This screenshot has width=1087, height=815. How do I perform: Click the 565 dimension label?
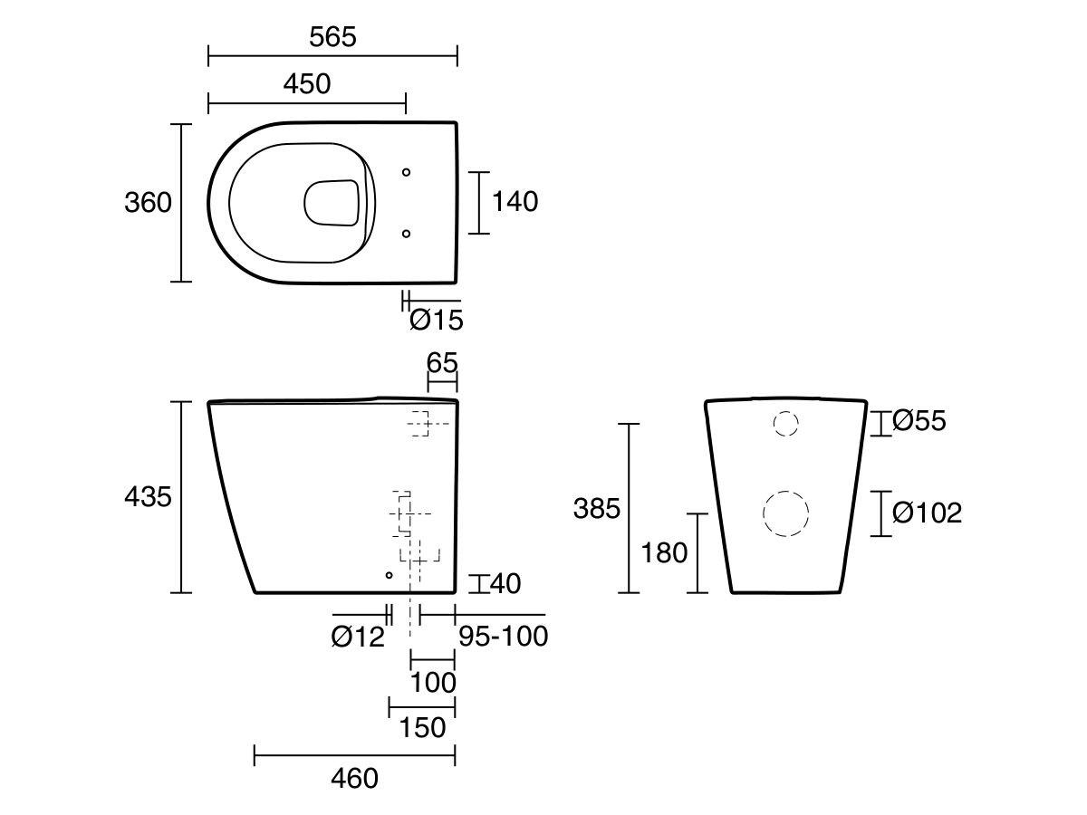pyautogui.click(x=332, y=37)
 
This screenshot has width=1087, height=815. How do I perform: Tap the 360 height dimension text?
pyautogui.click(x=148, y=202)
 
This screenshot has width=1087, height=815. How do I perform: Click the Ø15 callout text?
pyautogui.click(x=437, y=320)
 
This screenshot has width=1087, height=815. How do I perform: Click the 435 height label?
pyautogui.click(x=148, y=496)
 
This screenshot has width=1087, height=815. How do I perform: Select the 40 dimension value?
pyautogui.click(x=505, y=584)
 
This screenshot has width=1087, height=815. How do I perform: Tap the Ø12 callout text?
pyautogui.click(x=358, y=638)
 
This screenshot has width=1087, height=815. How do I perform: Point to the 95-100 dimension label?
pyautogui.click(x=503, y=637)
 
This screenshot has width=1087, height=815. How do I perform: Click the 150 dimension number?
pyautogui.click(x=422, y=727)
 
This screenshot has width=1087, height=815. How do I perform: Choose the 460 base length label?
pyautogui.click(x=354, y=778)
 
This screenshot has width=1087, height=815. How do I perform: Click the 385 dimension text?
pyautogui.click(x=597, y=509)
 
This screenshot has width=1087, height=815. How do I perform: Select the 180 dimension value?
pyautogui.click(x=664, y=552)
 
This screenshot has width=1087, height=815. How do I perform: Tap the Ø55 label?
pyautogui.click(x=919, y=421)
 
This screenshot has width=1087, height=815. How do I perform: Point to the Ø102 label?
pyautogui.click(x=927, y=513)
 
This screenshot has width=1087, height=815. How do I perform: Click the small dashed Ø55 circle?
pyautogui.click(x=785, y=423)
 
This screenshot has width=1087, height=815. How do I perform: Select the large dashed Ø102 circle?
pyautogui.click(x=785, y=513)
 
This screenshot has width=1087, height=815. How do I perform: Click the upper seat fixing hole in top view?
pyautogui.click(x=406, y=171)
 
